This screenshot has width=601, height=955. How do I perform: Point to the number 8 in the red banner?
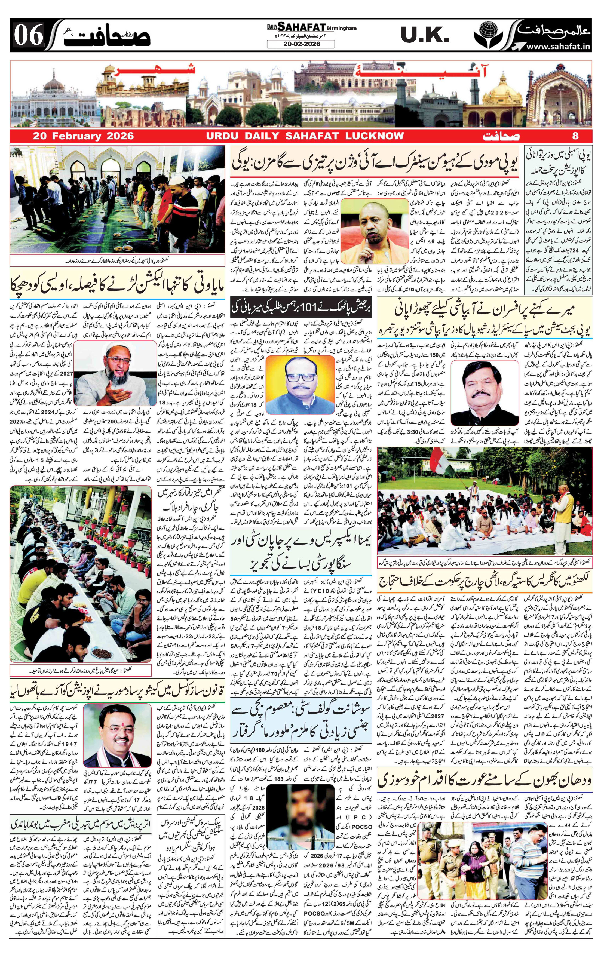575,136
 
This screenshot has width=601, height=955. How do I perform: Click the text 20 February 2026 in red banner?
83,136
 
